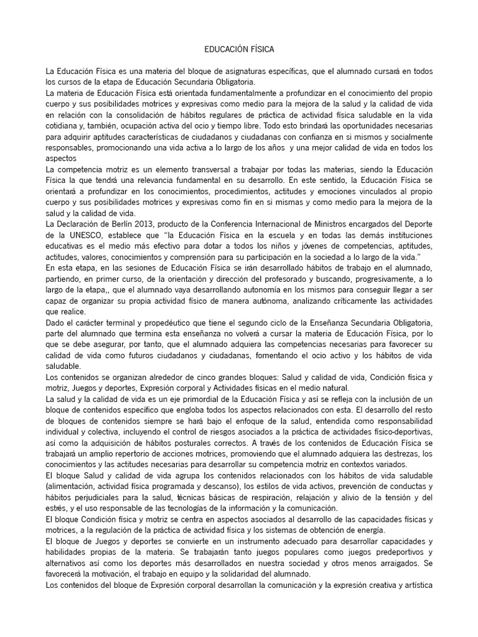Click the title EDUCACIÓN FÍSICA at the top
pyautogui.click(x=239, y=48)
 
